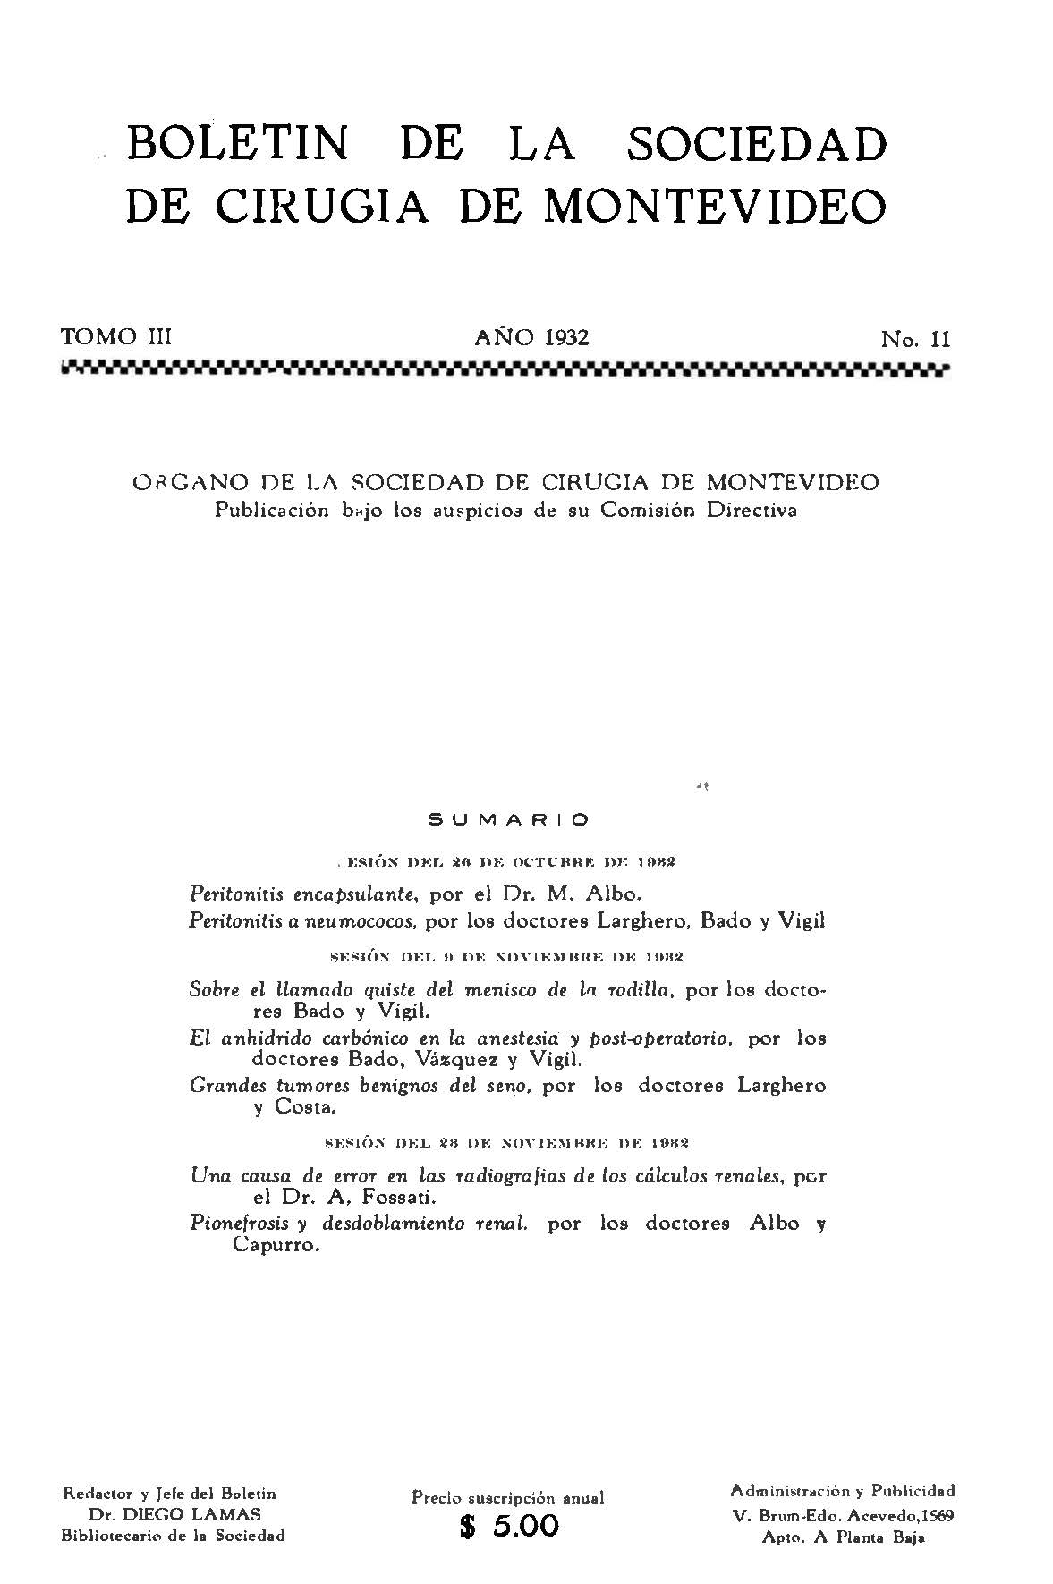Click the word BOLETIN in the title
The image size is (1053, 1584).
point(237,143)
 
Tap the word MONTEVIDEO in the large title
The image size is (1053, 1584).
point(716,205)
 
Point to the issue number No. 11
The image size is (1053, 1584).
point(915,339)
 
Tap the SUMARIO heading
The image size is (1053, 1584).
point(509,818)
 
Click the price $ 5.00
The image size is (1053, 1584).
point(508,1525)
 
